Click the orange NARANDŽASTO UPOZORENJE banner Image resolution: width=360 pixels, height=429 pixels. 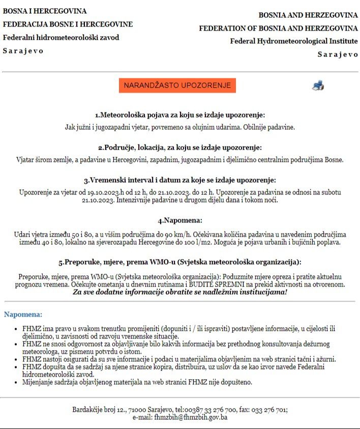click(x=177, y=85)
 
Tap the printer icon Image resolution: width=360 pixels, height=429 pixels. click(x=318, y=85)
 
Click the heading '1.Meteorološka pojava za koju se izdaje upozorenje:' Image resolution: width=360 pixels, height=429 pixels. click(x=180, y=115)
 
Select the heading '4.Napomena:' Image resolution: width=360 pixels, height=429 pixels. click(x=180, y=220)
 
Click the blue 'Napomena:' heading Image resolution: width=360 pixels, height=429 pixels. click(x=23, y=314)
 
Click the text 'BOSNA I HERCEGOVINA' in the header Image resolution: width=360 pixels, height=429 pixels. click(x=45, y=11)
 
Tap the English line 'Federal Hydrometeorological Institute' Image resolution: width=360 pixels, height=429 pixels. click(x=294, y=41)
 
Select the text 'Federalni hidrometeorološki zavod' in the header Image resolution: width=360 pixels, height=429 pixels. click(x=61, y=37)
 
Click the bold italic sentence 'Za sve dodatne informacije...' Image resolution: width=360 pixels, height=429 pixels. click(x=180, y=292)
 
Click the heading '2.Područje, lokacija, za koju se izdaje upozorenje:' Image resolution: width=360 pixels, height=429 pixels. click(x=180, y=148)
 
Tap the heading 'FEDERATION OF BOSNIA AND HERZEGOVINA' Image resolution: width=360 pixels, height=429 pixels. click(x=279, y=28)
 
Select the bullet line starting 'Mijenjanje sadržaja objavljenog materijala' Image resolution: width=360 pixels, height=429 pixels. click(x=137, y=381)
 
